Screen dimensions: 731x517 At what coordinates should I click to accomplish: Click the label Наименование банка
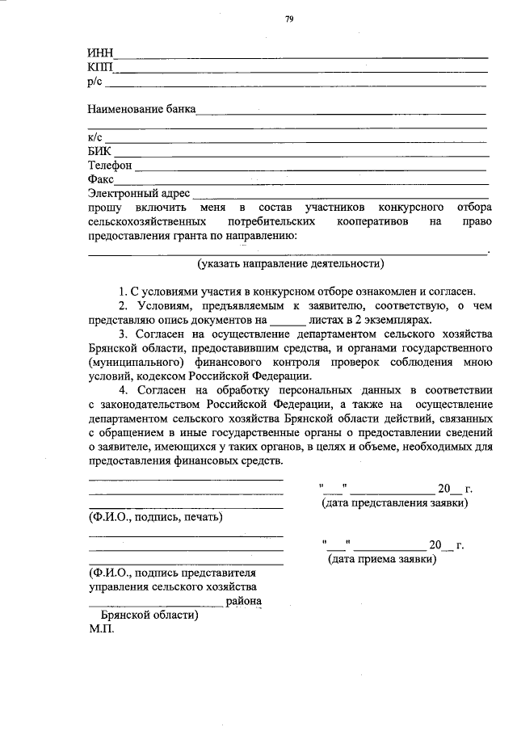[141, 109]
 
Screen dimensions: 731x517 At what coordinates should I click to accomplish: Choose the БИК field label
[99, 151]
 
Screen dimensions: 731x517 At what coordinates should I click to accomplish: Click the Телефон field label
[109, 165]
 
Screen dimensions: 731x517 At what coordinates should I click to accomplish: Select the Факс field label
[101, 179]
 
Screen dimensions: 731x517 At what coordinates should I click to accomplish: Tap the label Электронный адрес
[138, 193]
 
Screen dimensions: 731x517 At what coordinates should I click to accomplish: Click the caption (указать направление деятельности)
[290, 263]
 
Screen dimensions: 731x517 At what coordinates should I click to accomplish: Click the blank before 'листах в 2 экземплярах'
[283, 320]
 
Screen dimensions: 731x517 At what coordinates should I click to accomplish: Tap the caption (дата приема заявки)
[381, 558]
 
